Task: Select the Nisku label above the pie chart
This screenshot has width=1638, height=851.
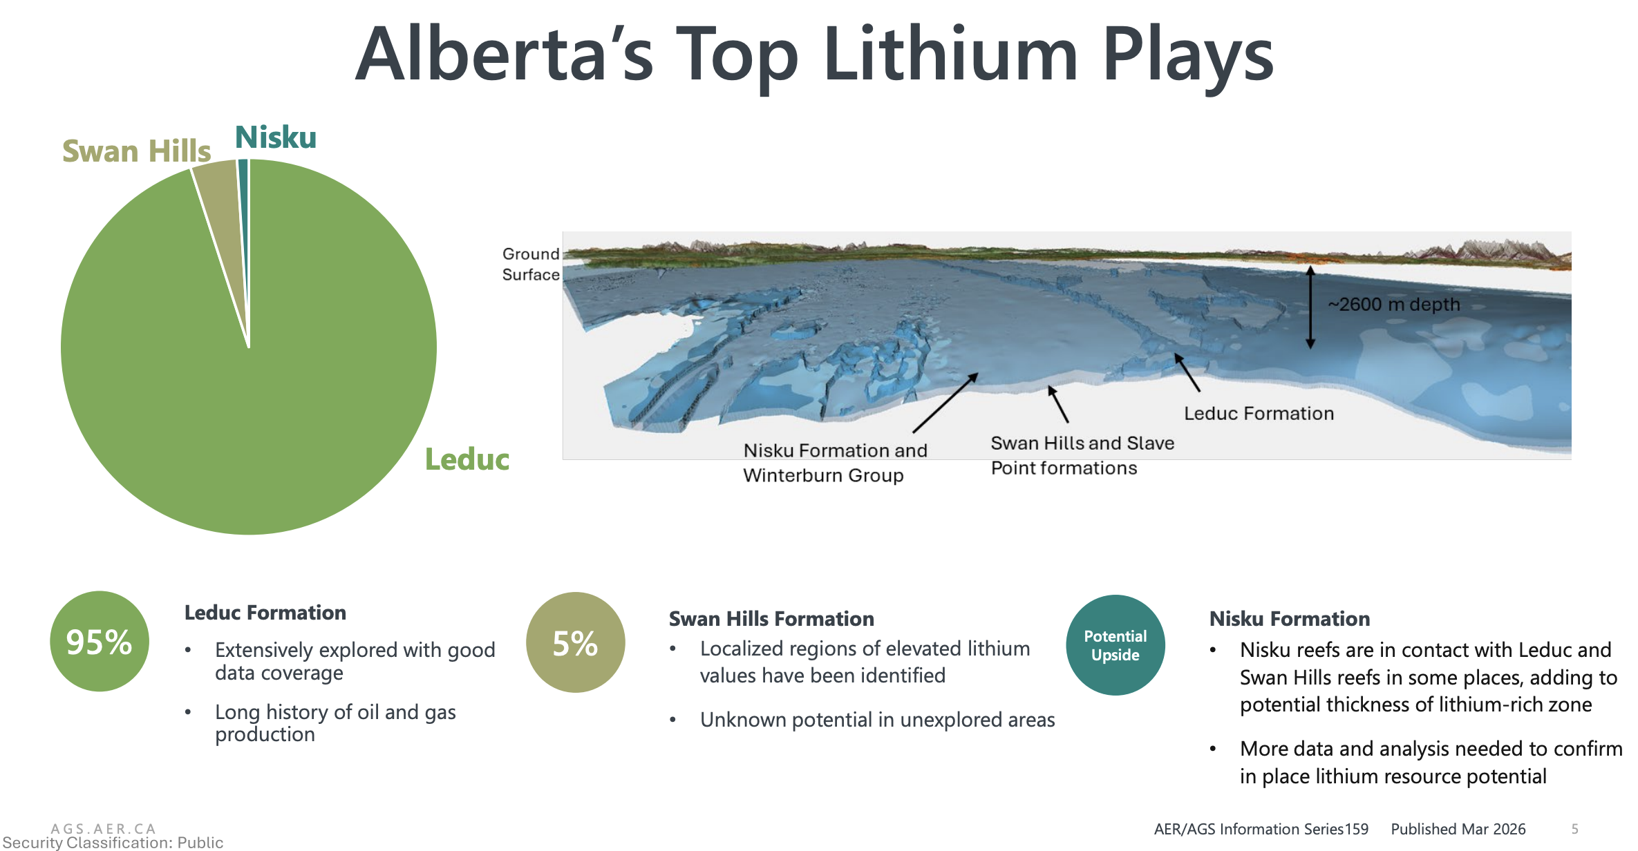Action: tap(276, 137)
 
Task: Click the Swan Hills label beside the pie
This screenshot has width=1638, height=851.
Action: tap(136, 151)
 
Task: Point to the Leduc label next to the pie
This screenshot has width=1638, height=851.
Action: tap(467, 459)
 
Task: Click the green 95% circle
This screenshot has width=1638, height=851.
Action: tap(100, 641)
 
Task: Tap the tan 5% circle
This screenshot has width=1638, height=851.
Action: tap(576, 642)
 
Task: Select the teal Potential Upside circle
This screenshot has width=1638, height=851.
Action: tap(1115, 645)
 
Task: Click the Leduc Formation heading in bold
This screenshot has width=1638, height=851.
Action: tap(265, 613)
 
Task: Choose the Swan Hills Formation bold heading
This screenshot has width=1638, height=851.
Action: tap(771, 619)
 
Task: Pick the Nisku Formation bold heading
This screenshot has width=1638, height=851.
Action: tap(1290, 619)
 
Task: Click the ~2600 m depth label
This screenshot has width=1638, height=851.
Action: tap(1394, 305)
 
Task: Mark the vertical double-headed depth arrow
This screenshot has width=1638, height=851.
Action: tap(1310, 307)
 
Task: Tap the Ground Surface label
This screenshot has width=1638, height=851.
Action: tap(531, 265)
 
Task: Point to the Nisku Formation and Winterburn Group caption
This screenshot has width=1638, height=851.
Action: tap(835, 463)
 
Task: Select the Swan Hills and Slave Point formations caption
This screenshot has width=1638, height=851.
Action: tap(1082, 455)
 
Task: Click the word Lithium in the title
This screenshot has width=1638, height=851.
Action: tap(950, 54)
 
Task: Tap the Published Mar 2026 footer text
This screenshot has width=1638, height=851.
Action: tap(1458, 829)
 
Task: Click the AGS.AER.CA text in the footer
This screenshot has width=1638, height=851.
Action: tap(104, 828)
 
